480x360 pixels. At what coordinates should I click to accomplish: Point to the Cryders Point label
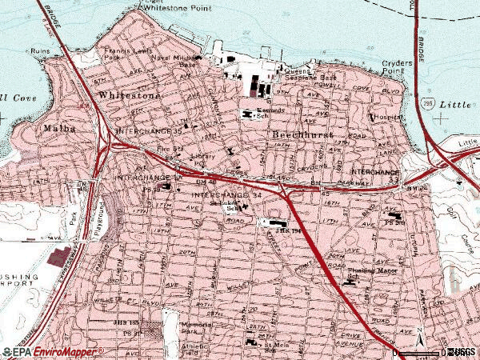point(398,66)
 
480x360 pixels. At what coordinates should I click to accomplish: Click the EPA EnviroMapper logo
point(52,352)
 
